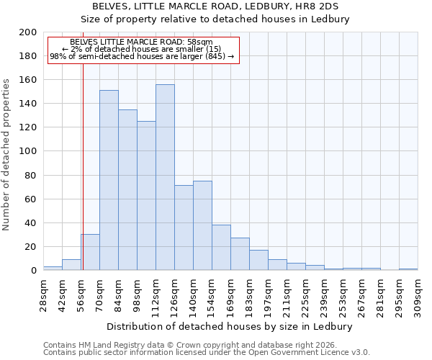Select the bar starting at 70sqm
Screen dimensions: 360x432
point(109,180)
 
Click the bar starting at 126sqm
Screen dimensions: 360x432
point(184,228)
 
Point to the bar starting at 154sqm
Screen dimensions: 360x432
point(221,248)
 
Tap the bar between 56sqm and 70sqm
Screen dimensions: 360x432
point(90,252)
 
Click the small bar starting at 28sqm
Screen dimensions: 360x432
point(53,269)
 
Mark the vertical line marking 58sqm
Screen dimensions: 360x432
point(83,180)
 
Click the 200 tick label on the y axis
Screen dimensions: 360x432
point(28,32)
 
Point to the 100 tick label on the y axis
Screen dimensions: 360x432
point(28,151)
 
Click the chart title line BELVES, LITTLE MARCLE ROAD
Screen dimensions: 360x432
point(215,6)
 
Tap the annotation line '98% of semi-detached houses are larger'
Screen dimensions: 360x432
point(142,56)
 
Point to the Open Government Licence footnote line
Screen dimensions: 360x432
point(207,353)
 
